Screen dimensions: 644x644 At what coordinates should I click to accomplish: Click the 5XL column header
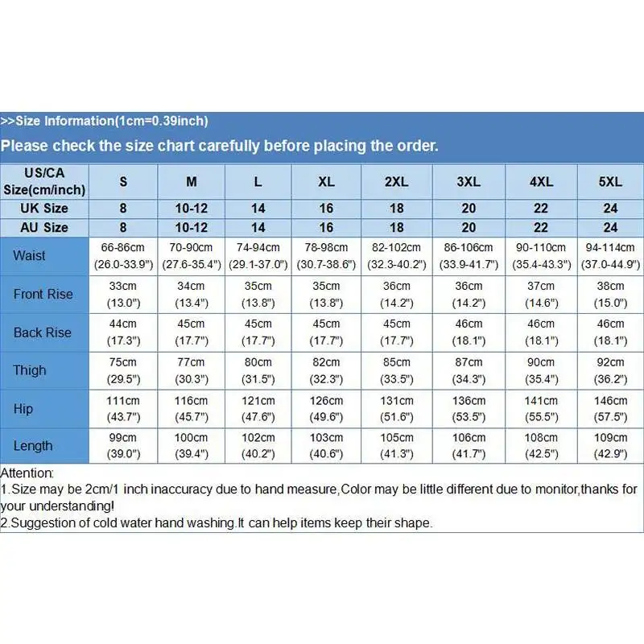610,182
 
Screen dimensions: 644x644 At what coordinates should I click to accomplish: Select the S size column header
123,182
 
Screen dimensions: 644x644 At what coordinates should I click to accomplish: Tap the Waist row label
29,256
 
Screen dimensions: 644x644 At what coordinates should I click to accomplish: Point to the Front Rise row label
43,294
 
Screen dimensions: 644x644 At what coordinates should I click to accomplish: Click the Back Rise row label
42,332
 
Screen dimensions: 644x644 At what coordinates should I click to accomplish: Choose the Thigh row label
29,370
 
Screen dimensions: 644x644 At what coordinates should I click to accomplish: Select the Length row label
32,446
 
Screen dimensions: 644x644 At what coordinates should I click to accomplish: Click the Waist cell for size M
191,256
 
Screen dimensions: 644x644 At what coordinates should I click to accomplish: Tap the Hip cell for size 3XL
469,409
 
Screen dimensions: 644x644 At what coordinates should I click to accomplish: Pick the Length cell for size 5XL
610,446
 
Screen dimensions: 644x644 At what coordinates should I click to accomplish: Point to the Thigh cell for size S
123,370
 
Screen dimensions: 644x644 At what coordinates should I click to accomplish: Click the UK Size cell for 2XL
397,208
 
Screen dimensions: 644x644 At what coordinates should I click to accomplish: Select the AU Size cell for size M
191,228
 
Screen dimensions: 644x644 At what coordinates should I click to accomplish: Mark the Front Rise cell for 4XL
541,294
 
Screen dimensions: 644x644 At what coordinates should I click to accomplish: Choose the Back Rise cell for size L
258,332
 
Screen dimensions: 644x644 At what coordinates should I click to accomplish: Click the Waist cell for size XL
326,256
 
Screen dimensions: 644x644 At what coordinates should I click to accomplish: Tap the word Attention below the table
27,473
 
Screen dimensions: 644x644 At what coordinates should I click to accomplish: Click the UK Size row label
44,208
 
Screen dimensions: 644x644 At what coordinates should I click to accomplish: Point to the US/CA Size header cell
44,181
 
